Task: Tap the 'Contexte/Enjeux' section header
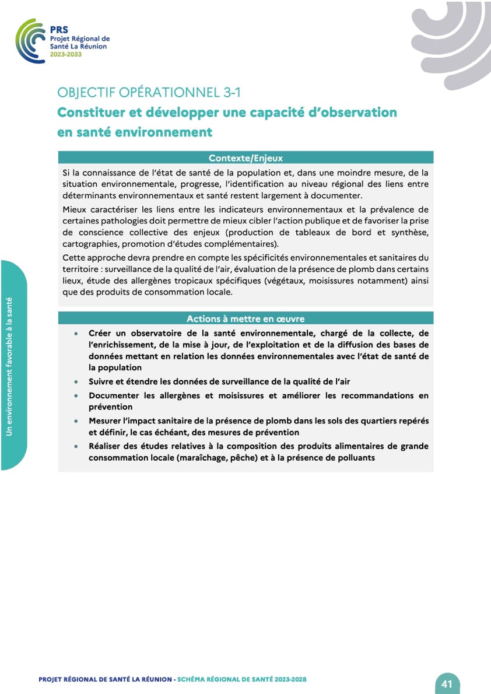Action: pyautogui.click(x=246, y=157)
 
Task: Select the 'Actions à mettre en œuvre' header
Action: pyautogui.click(x=246, y=318)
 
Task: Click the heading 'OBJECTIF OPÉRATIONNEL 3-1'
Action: pyautogui.click(x=149, y=92)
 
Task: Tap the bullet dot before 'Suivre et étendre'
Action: pyautogui.click(x=76, y=381)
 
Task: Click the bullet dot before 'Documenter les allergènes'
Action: pyautogui.click(x=76, y=395)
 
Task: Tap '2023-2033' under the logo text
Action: pyautogui.click(x=66, y=54)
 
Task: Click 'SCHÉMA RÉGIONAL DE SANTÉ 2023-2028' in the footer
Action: pyautogui.click(x=241, y=679)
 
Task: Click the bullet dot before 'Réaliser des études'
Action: pyautogui.click(x=76, y=446)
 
